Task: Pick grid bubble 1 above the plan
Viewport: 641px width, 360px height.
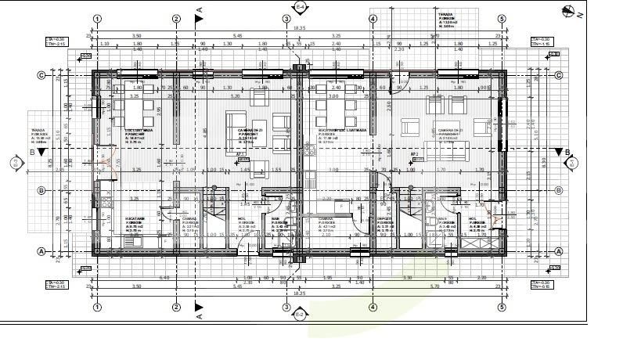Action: pos(96,19)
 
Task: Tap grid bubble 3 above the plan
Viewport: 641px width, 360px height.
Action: pos(287,19)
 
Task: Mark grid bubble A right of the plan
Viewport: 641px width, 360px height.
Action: pos(559,251)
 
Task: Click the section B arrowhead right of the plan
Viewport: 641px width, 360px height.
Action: pos(557,151)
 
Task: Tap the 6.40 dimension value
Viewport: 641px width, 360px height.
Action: pos(164,278)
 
